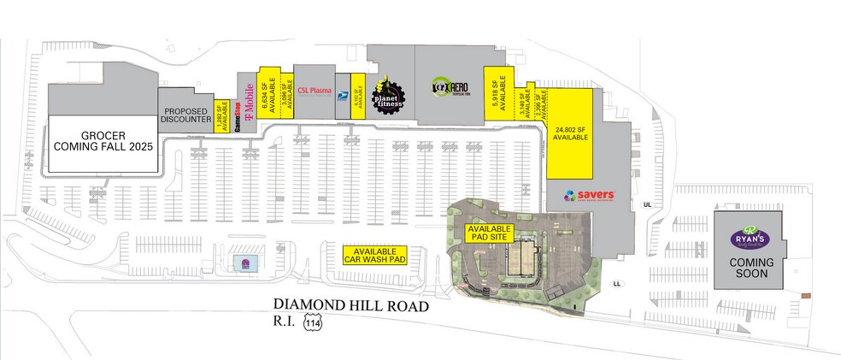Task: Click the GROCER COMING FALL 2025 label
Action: tap(103, 141)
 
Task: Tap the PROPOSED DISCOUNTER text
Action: tap(187, 115)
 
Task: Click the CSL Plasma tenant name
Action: tap(314, 91)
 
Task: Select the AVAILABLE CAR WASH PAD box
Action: tap(373, 254)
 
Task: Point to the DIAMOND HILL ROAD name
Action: tap(350, 304)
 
